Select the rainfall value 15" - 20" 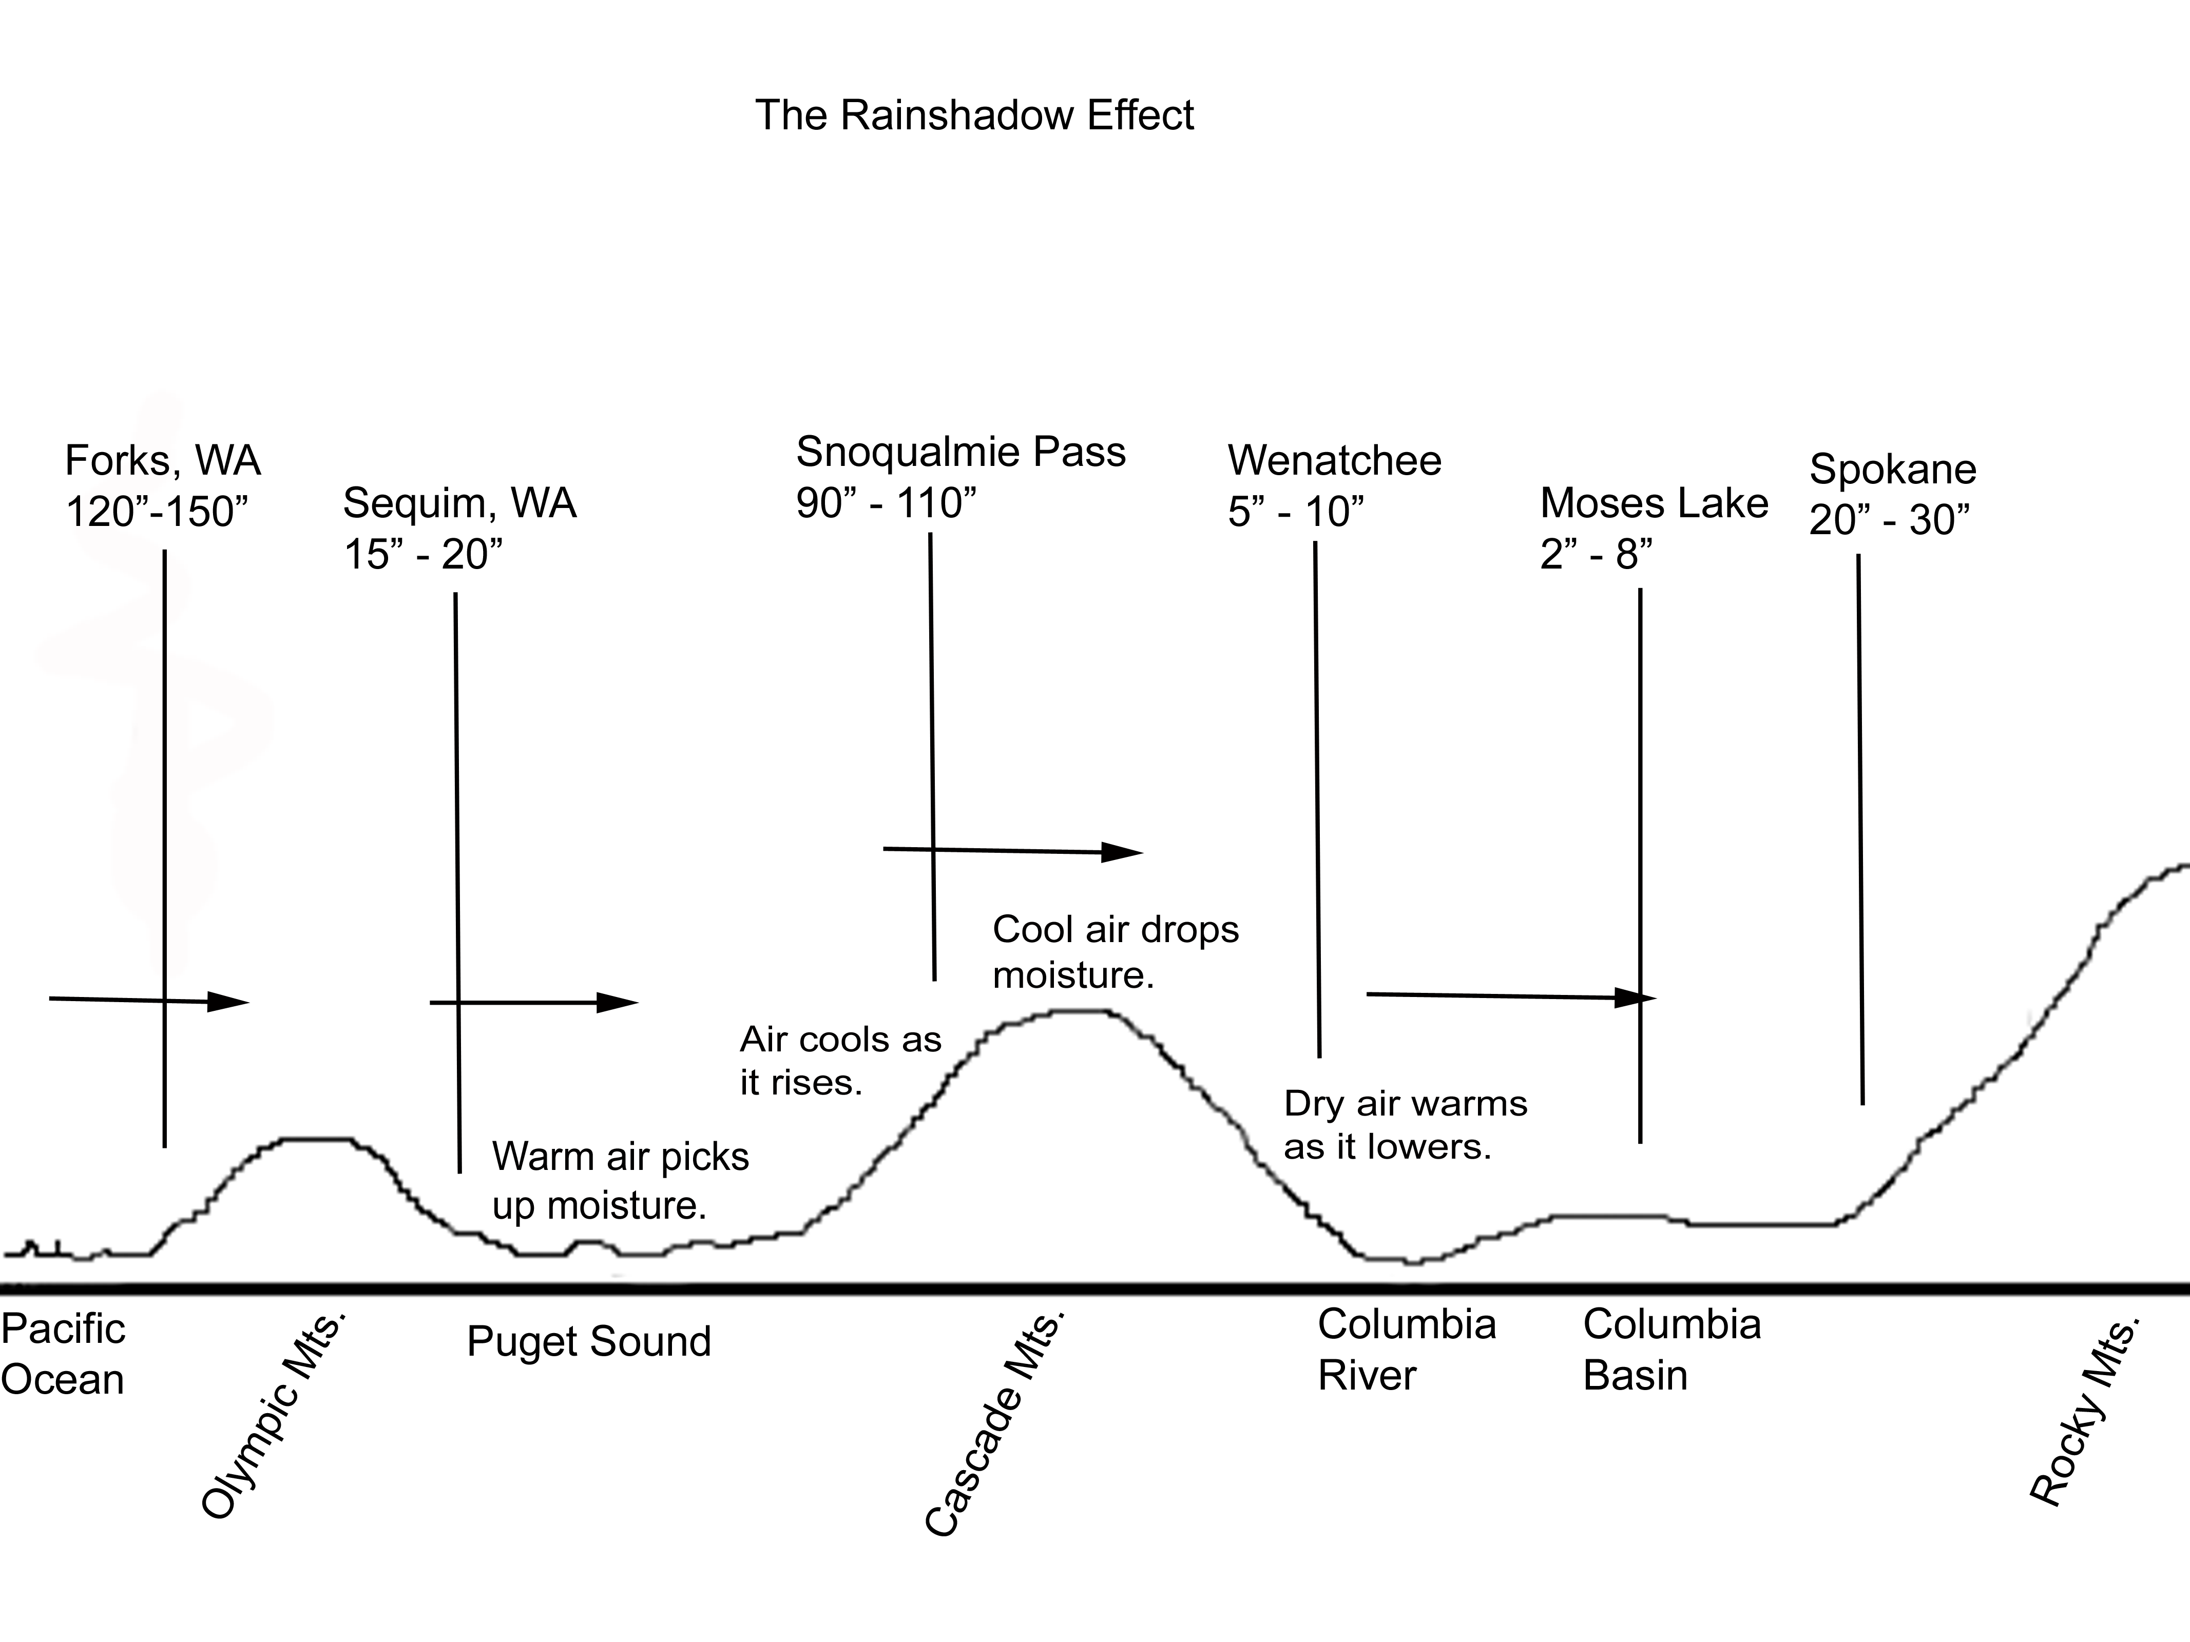[423, 554]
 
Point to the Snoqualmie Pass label [960, 452]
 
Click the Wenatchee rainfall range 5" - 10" [1295, 512]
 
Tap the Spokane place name [1892, 469]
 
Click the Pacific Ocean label [63, 1354]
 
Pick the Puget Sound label [589, 1342]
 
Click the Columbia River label [1406, 1350]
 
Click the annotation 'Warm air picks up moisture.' [621, 1181]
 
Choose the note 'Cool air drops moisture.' [1116, 952]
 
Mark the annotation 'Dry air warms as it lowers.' [1405, 1125]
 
